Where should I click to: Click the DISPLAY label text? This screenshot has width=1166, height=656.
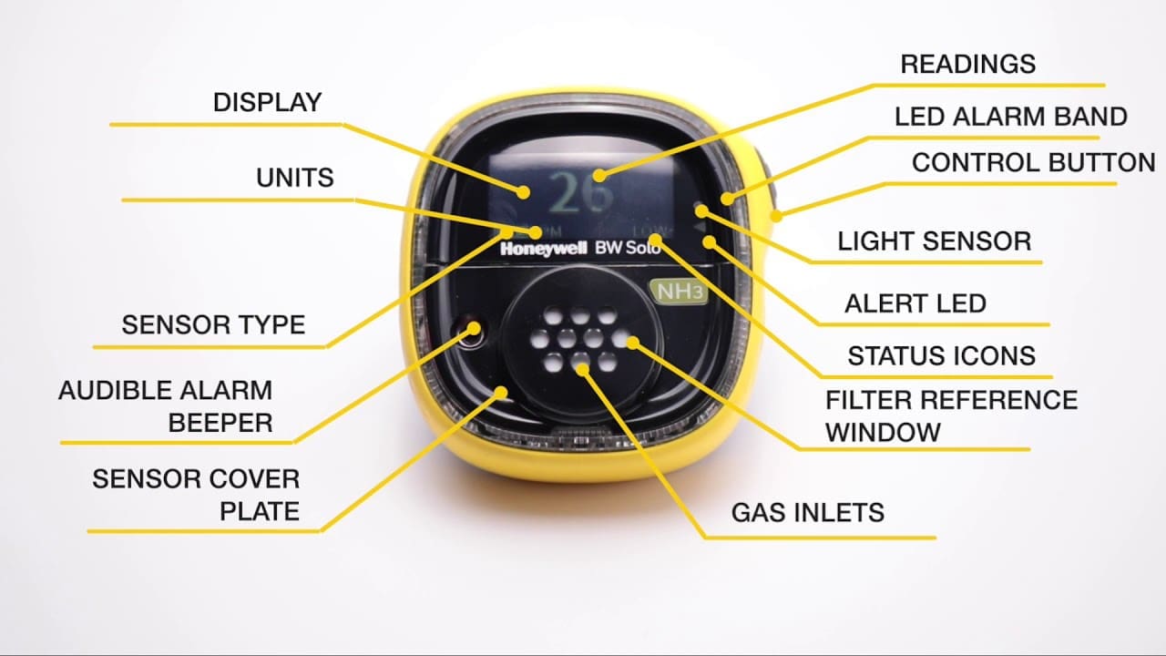[x=267, y=102]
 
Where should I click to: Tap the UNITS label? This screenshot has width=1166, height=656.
[x=294, y=178]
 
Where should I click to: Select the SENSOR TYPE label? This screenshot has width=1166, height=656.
[x=213, y=324]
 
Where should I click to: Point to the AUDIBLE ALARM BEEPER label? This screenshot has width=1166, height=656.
[x=165, y=406]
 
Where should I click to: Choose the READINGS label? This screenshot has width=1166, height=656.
[x=967, y=64]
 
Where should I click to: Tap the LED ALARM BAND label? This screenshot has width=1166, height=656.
[x=1010, y=117]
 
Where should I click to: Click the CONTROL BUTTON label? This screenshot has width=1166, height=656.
[x=1033, y=163]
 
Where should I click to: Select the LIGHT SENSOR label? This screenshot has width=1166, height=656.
[x=934, y=241]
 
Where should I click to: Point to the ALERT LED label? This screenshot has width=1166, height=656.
[x=915, y=303]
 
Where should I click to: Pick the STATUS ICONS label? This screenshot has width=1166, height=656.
[x=941, y=355]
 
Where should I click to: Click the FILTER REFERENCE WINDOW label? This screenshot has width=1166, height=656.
[x=950, y=415]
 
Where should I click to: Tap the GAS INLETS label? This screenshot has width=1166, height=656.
[x=807, y=512]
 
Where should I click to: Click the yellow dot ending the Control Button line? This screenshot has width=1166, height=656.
[x=776, y=216]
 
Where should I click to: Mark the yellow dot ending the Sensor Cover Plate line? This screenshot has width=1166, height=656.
[x=501, y=392]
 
